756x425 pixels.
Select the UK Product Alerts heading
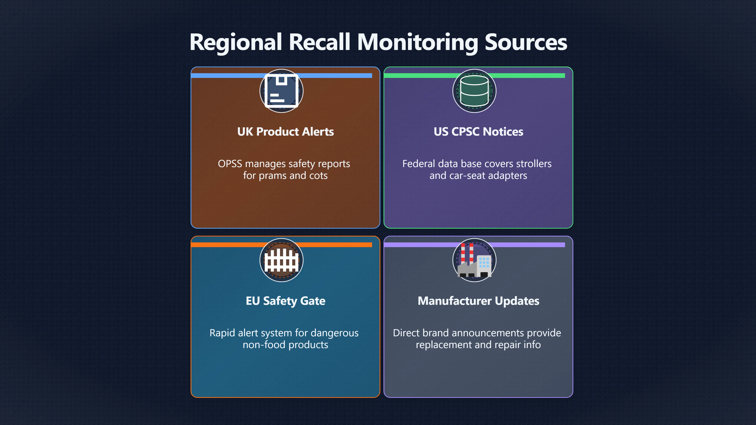pyautogui.click(x=285, y=132)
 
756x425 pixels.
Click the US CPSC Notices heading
pyautogui.click(x=478, y=132)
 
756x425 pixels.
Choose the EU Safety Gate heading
pyautogui.click(x=285, y=301)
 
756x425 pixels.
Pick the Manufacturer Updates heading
pyautogui.click(x=478, y=301)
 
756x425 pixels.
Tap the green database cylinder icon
pyautogui.click(x=474, y=91)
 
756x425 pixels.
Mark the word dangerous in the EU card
pyautogui.click(x=334, y=333)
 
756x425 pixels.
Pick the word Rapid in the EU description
pyautogui.click(x=222, y=333)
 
